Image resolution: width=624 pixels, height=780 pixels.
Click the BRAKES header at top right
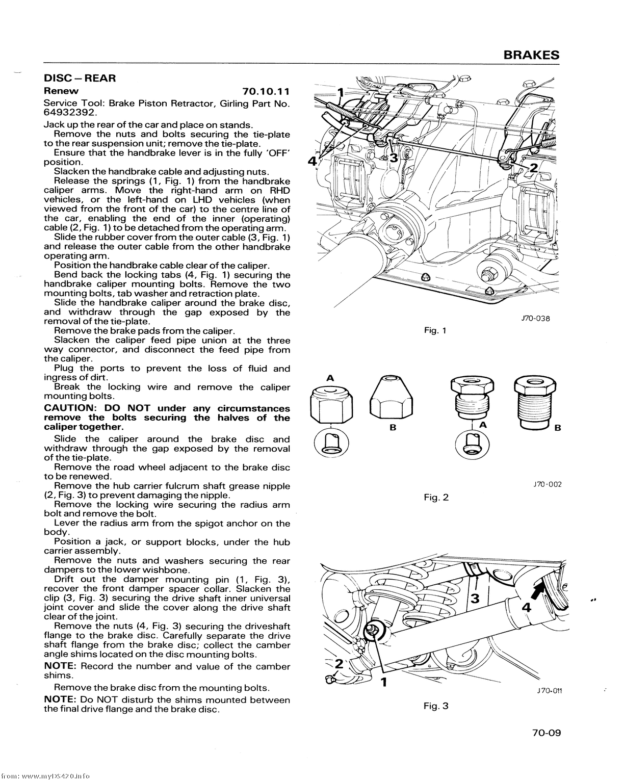click(531, 55)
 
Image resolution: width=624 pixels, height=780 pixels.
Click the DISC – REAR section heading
click(80, 79)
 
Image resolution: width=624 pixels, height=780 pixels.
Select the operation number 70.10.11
click(266, 91)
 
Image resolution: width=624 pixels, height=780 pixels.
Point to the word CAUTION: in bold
click(71, 408)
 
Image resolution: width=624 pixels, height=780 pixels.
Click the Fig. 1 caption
click(435, 330)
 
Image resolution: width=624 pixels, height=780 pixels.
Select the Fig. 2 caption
click(436, 497)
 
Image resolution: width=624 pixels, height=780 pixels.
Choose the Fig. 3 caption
click(436, 706)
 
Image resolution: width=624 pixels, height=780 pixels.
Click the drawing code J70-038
click(535, 319)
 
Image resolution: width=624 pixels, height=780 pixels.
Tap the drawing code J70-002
click(547, 484)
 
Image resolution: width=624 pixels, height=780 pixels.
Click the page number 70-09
click(546, 733)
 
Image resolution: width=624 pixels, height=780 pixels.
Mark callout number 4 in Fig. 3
click(527, 608)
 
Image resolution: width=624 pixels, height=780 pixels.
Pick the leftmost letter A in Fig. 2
click(330, 378)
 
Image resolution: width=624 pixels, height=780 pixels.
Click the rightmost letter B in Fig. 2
click(558, 428)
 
